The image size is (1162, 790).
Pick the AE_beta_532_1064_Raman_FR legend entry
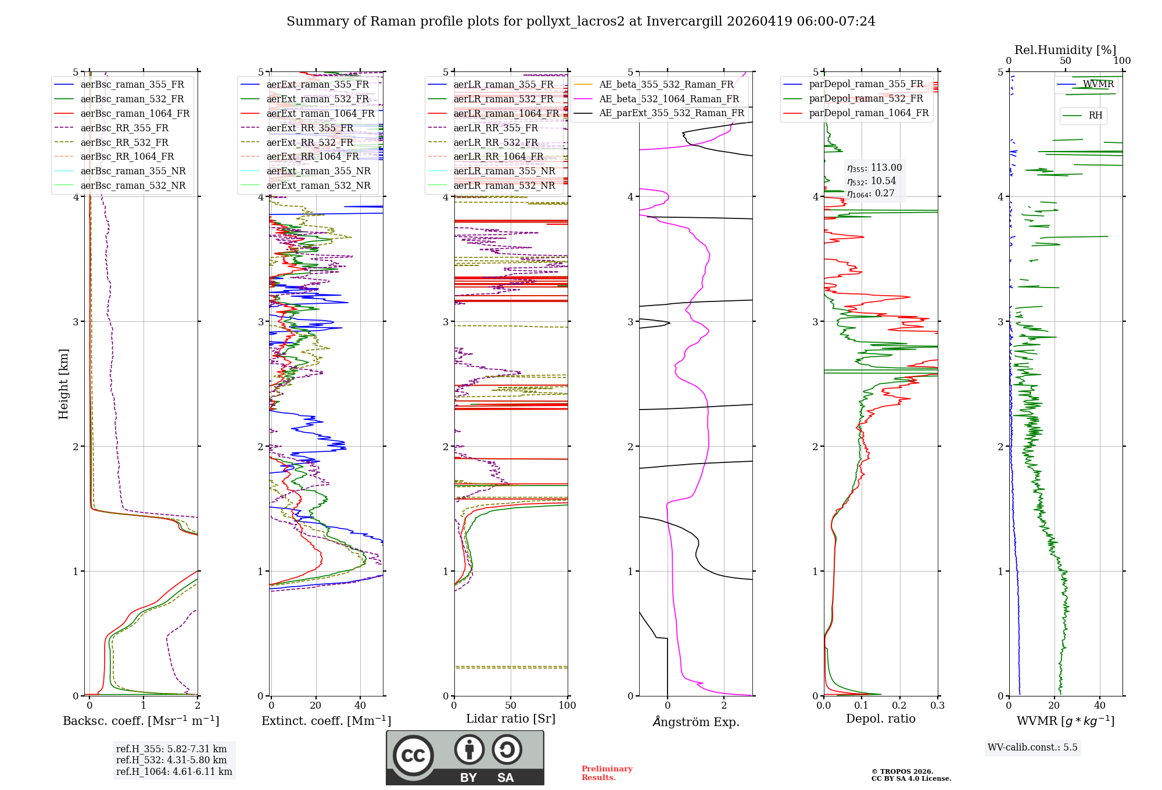669,99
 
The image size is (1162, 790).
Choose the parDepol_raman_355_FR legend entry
866,84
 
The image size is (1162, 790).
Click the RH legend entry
1095,116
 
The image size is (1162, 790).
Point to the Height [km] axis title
63,384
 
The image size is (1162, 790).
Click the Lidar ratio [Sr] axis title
510,719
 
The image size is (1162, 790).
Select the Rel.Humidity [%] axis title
1065,50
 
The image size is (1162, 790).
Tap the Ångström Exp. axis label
695,721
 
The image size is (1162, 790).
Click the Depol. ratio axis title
880,719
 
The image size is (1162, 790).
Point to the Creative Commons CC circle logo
413,755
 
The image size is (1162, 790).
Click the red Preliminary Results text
607,773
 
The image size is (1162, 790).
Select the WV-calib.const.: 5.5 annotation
1032,747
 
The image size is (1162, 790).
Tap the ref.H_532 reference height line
171,760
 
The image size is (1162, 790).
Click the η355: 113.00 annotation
874,168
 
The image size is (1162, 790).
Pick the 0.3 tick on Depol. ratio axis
937,705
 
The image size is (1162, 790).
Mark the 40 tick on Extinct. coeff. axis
360,705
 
